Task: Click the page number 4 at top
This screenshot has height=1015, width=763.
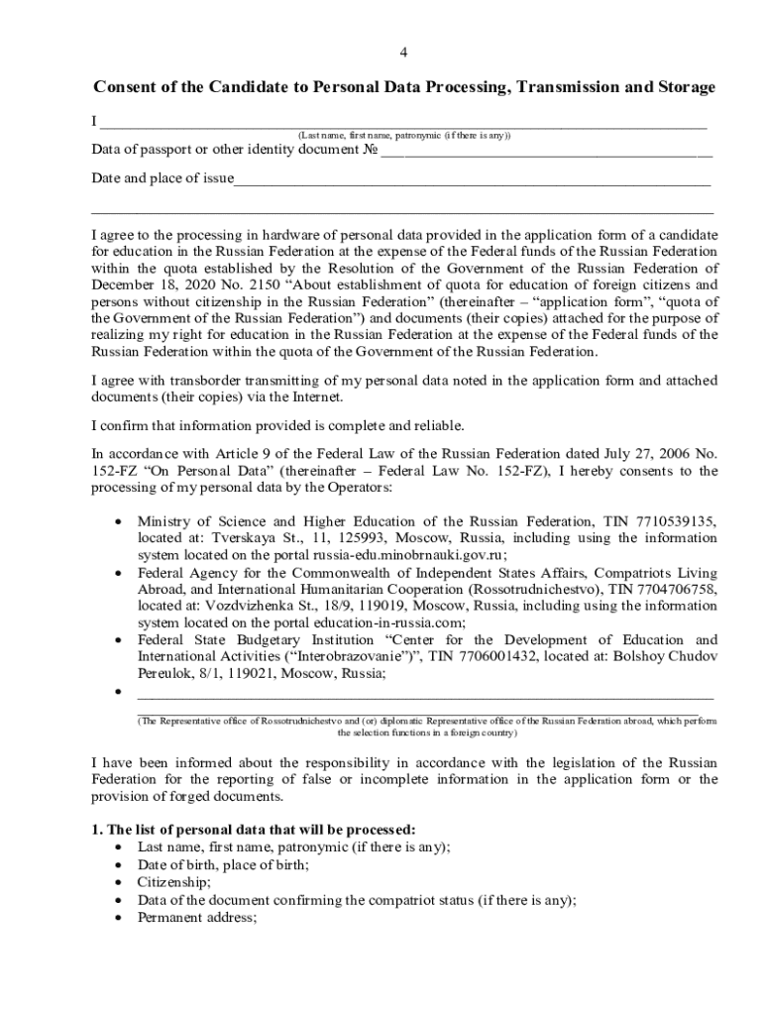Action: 402,53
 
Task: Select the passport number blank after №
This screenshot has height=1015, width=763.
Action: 546,155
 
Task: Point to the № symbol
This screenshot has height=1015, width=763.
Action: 371,150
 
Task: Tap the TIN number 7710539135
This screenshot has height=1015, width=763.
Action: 676,521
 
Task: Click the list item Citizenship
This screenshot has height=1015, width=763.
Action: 173,881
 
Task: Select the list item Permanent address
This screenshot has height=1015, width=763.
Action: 197,917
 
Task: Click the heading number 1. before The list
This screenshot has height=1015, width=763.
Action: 97,829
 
